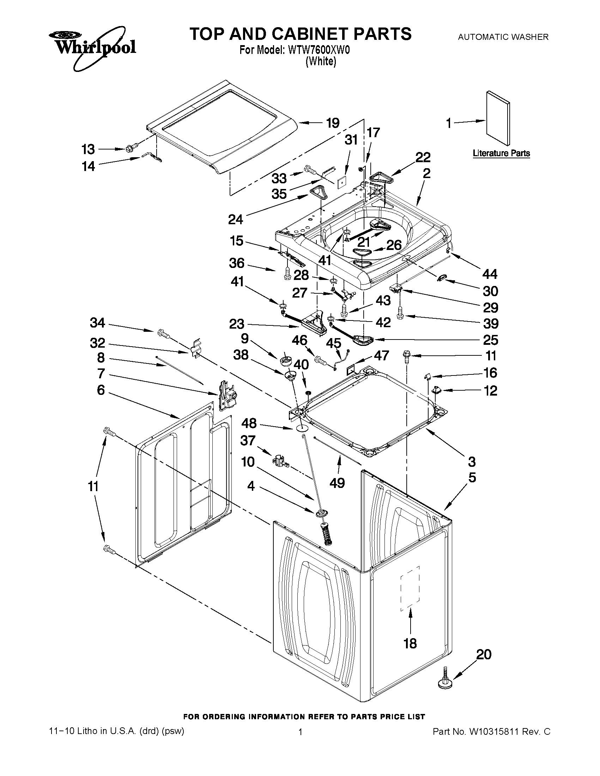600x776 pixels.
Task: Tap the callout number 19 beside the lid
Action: point(333,123)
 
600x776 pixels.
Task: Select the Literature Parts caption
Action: point(501,153)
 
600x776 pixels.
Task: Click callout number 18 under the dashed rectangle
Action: point(410,643)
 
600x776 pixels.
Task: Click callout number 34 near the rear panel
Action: point(97,323)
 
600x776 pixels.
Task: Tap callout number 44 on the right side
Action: point(490,274)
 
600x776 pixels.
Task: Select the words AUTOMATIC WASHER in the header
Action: point(503,37)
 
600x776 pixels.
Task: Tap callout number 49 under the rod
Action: point(337,483)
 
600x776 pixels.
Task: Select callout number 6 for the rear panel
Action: point(101,390)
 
